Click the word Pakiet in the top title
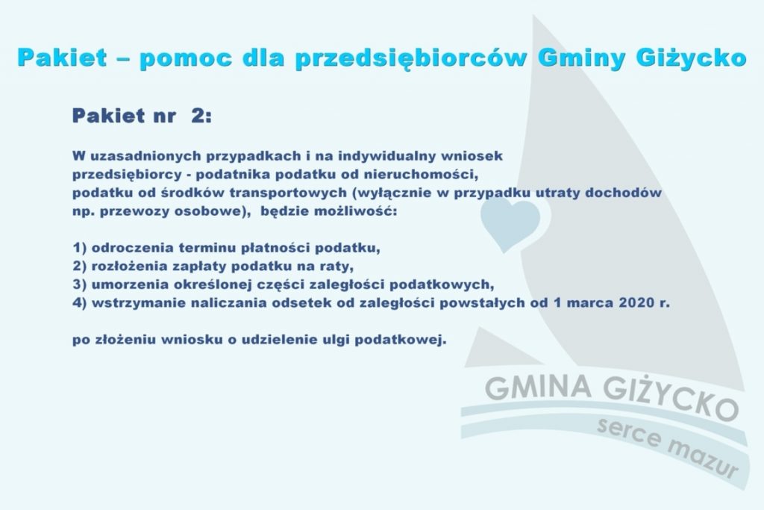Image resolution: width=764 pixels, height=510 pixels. click(62, 57)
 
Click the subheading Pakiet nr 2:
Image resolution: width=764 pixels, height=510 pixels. click(142, 116)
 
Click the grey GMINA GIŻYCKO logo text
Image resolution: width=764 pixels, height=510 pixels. click(612, 394)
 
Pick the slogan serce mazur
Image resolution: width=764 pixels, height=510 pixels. click(668, 447)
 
